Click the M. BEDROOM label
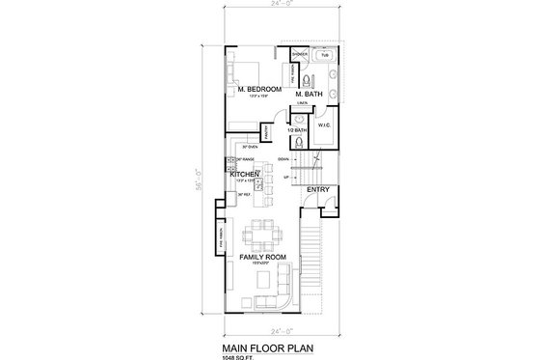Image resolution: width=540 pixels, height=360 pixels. coord(257,89)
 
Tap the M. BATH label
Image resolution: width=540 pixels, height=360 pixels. coord(306,94)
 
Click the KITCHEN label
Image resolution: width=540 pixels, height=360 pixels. coord(246,175)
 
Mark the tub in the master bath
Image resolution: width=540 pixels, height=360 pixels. coord(324,54)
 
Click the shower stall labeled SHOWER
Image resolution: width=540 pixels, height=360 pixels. coord(301,54)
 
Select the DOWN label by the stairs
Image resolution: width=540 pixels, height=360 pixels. coord(284,157)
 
